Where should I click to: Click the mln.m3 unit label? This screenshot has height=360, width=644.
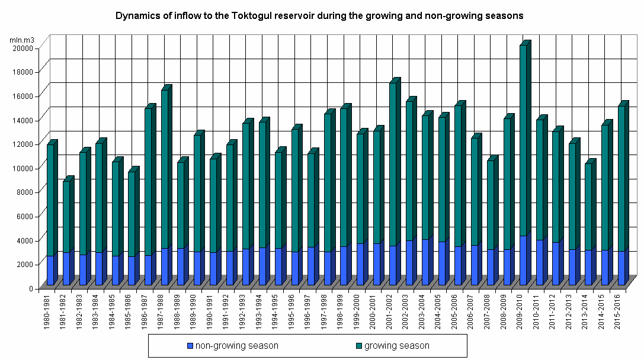22,40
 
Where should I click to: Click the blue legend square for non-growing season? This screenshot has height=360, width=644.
190,346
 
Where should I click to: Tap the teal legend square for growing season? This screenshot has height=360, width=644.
358,346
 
